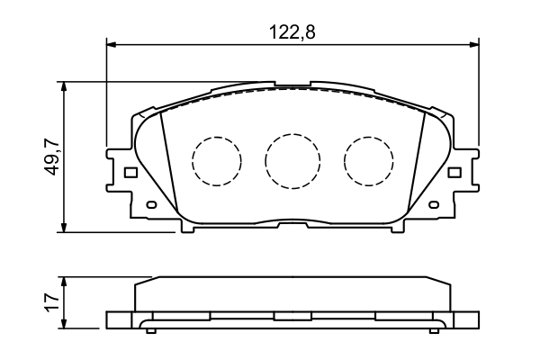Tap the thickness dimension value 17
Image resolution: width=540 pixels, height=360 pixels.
point(52,301)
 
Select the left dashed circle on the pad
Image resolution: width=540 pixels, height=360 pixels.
point(217,161)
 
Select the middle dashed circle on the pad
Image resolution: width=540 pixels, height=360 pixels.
point(292,161)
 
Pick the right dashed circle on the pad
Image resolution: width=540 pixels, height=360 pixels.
point(369,161)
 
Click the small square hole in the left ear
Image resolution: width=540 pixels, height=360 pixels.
point(130,172)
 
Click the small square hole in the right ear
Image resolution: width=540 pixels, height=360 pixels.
point(455,172)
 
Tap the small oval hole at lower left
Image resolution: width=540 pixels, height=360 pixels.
point(150,206)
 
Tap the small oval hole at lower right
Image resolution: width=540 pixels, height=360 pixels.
point(436,206)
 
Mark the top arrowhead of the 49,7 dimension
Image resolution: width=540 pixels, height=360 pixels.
point(64,86)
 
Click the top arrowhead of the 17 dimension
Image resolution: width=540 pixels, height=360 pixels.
point(64,280)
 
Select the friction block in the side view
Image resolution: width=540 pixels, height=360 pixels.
point(292,294)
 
